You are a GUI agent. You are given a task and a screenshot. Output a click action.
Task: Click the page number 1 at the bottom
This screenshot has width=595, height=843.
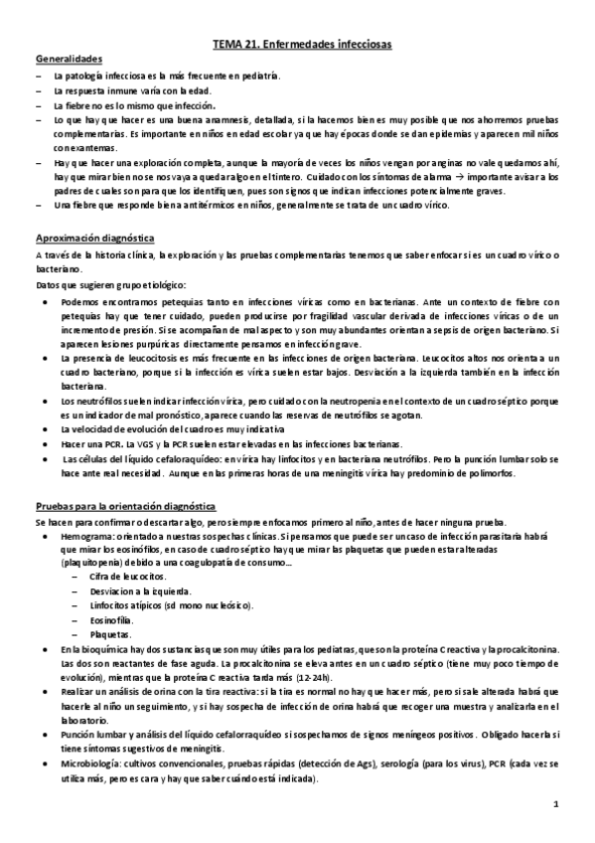pyautogui.click(x=557, y=802)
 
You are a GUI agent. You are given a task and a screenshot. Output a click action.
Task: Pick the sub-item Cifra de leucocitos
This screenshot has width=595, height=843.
pyautogui.click(x=130, y=576)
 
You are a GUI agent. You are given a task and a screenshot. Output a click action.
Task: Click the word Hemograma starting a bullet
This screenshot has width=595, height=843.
pyautogui.click(x=86, y=534)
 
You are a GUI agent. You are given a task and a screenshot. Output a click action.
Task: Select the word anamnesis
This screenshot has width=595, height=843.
pyautogui.click(x=226, y=119)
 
